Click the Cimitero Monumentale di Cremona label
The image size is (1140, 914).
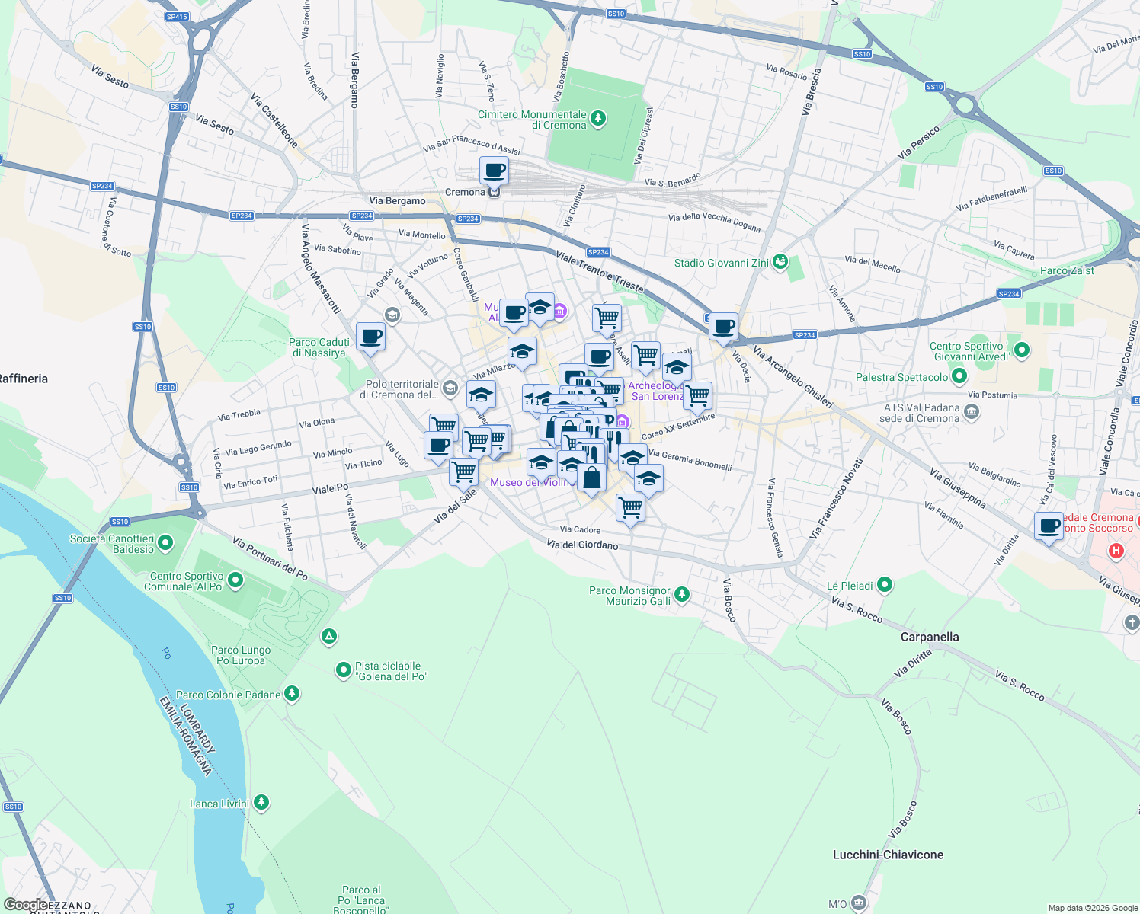coord(532,120)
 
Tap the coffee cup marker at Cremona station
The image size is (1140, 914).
coord(494,171)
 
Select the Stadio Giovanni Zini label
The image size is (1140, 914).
coord(721,263)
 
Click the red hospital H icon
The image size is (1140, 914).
coord(1116,551)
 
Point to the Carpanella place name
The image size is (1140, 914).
coord(930,637)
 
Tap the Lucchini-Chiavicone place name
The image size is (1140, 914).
coord(888,855)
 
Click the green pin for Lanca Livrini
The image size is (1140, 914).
coord(261,802)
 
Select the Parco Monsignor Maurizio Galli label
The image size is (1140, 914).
coord(629,596)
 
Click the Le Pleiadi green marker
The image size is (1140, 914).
coord(885,585)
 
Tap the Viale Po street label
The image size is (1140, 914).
coord(330,488)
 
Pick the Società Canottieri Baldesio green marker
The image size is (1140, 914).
coord(165,543)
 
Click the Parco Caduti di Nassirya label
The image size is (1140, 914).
coord(319,347)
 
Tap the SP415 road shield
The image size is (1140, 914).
coord(176,16)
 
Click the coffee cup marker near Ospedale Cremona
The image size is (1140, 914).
coord(1049,526)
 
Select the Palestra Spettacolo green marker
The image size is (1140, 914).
coord(959,376)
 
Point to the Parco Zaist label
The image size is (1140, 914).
coord(1067,270)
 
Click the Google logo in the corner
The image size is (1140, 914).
coord(24,905)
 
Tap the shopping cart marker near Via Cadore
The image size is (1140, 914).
coord(630,507)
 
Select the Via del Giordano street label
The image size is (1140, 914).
coord(582,545)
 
